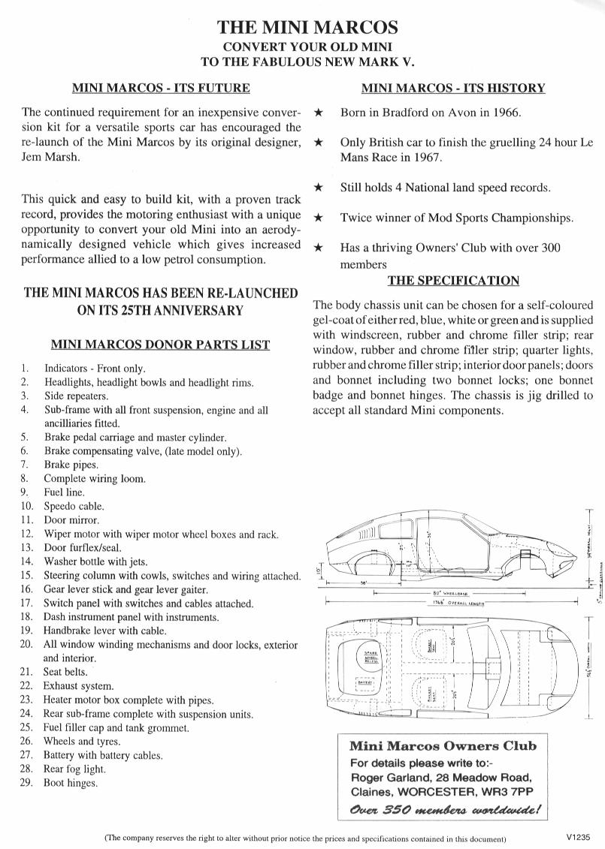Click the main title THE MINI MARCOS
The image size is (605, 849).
tap(307, 28)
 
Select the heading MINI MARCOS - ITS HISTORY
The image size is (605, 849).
tap(453, 88)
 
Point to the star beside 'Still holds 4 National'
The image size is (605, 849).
tap(319, 188)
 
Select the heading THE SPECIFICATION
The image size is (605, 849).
tap(453, 281)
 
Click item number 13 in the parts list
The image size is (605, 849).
tap(26, 548)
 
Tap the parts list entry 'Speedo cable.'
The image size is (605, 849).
tap(74, 506)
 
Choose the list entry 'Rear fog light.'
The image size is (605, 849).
tap(74, 769)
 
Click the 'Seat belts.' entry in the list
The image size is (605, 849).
tap(65, 671)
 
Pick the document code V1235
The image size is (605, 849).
tap(580, 836)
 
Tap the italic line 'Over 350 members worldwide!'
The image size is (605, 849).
tap(445, 810)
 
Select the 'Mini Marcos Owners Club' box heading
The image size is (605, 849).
tap(443, 746)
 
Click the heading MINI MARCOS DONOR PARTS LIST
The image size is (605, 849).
tap(160, 345)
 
